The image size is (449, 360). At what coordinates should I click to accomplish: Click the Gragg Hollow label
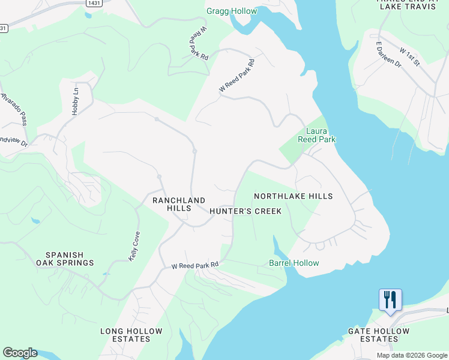pyautogui.click(x=231, y=11)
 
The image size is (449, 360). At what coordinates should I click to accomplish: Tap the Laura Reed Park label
pyautogui.click(x=316, y=134)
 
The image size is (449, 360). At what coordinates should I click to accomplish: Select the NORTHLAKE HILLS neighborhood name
pyautogui.click(x=293, y=196)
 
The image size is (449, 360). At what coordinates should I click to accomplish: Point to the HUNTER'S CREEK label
pyautogui.click(x=246, y=211)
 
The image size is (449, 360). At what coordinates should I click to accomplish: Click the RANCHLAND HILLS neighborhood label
pyautogui.click(x=179, y=204)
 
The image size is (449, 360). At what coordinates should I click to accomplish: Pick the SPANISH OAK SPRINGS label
pyautogui.click(x=65, y=259)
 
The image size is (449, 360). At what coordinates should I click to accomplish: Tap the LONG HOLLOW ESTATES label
pyautogui.click(x=131, y=335)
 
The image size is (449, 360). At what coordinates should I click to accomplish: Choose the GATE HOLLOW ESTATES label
pyautogui.click(x=379, y=335)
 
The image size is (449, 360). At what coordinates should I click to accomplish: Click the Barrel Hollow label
pyautogui.click(x=294, y=263)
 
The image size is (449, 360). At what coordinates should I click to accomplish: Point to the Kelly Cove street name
pyautogui.click(x=134, y=245)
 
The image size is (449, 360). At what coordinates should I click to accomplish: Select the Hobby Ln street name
pyautogui.click(x=75, y=101)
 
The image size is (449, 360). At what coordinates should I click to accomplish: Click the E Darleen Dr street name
pyautogui.click(x=388, y=54)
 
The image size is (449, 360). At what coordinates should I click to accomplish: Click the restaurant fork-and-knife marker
pyautogui.click(x=390, y=299)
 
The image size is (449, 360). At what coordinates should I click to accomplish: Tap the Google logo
pyautogui.click(x=20, y=353)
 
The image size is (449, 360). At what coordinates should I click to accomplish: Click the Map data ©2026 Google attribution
pyautogui.click(x=411, y=355)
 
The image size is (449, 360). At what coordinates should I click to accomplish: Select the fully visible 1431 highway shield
pyautogui.click(x=93, y=3)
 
